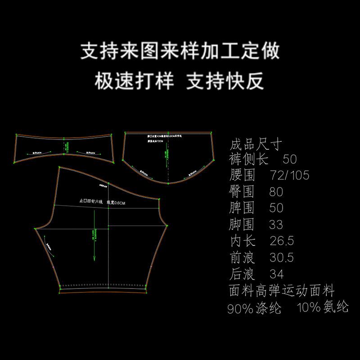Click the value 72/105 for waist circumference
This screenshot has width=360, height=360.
289,175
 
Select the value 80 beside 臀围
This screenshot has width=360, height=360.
276,191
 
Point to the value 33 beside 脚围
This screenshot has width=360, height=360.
276,224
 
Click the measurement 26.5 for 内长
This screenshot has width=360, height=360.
281,241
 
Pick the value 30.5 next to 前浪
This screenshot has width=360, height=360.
281,257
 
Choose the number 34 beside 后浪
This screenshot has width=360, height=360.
276,274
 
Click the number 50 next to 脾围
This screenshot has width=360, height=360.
276,208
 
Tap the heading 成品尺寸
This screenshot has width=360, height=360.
255,145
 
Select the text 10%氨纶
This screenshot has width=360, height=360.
323,308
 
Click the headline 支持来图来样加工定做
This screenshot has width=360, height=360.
180,51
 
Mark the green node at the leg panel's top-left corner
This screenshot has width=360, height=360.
59,167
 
